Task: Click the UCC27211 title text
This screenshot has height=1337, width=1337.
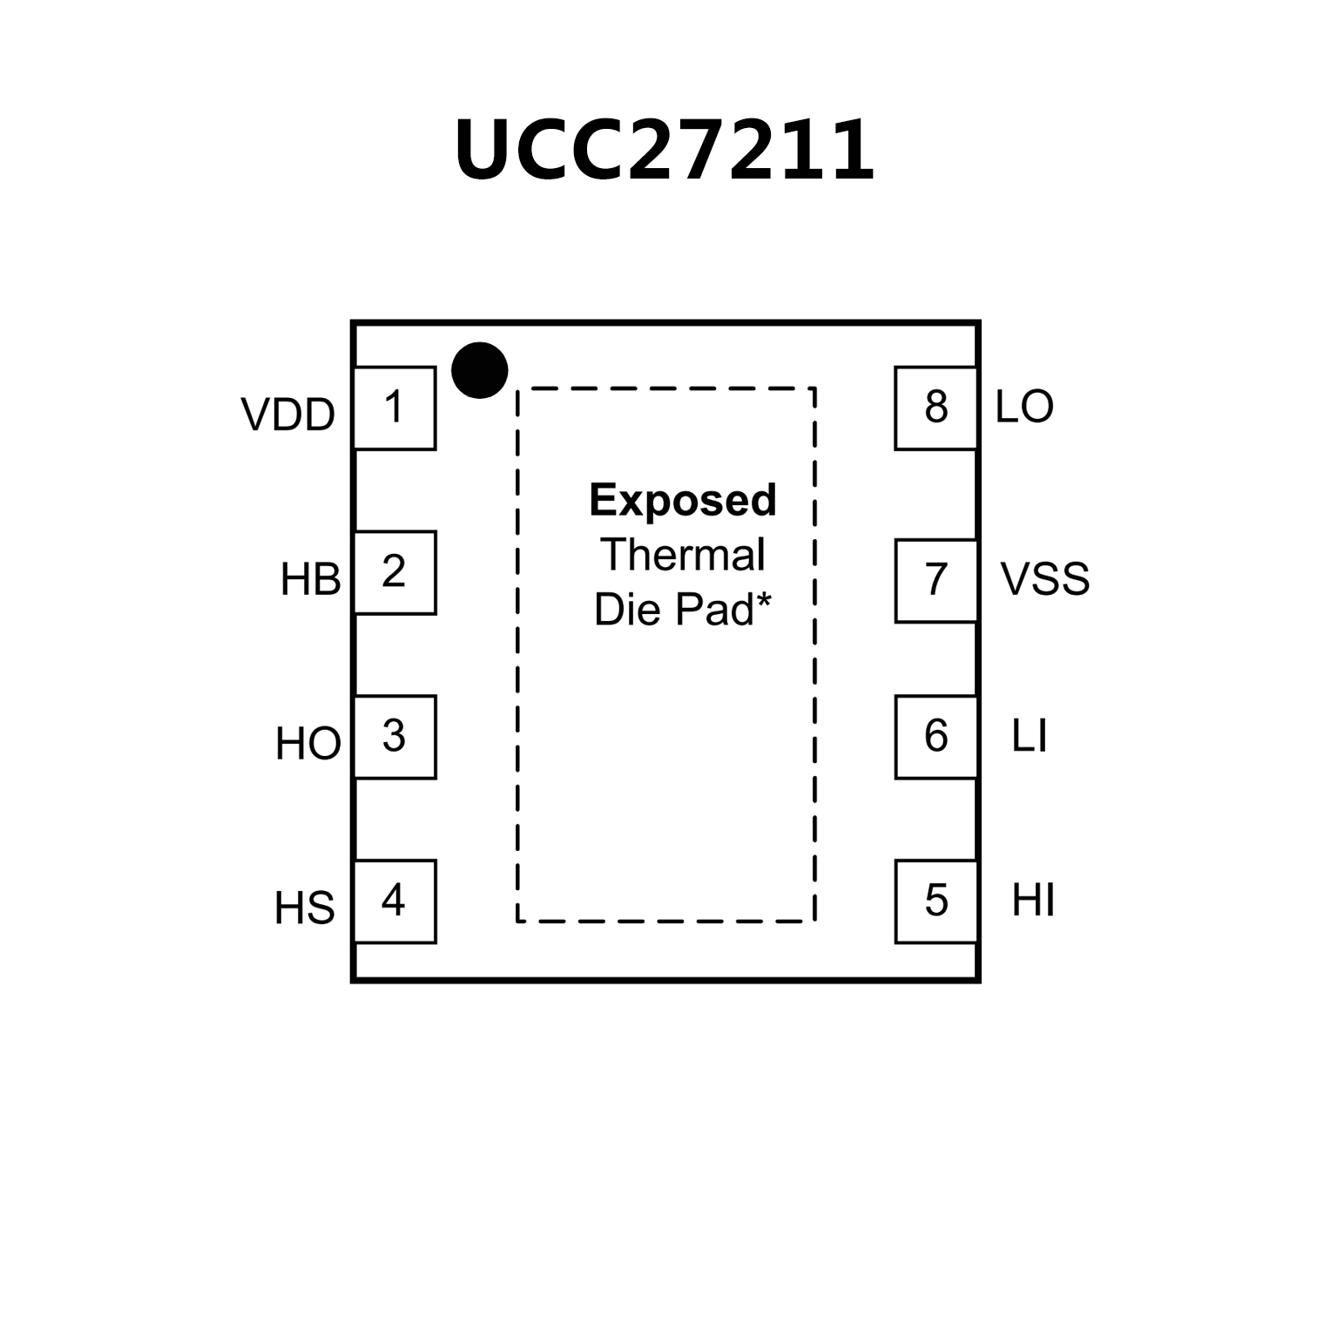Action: [x=664, y=150]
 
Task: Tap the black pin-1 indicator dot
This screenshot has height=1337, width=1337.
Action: [x=479, y=370]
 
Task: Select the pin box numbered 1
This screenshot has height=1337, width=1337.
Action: [x=395, y=408]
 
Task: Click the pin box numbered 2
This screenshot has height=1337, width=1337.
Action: [x=395, y=572]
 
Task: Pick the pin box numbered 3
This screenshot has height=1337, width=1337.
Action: [x=395, y=737]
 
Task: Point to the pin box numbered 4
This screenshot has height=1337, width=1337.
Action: [x=395, y=901]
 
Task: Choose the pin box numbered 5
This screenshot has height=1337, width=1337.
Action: [x=935, y=901]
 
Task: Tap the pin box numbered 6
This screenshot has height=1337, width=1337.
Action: [x=935, y=737]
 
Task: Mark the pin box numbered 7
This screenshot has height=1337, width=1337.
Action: [x=935, y=580]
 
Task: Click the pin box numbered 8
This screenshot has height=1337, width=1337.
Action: [x=935, y=408]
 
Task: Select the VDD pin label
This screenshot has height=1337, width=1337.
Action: [x=287, y=415]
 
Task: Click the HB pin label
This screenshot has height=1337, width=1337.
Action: [x=310, y=580]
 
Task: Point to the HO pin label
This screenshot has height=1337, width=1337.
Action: [x=307, y=745]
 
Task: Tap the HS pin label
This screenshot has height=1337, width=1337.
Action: [x=304, y=908]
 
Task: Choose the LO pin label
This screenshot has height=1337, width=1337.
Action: [x=1024, y=407]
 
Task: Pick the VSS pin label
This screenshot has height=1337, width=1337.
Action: [x=1044, y=579]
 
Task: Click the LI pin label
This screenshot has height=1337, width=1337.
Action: [x=1029, y=737]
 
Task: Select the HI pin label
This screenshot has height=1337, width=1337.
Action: [x=1033, y=901]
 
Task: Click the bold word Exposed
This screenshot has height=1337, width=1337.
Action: [x=683, y=501]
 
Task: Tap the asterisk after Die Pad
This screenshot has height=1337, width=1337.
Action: [x=764, y=601]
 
